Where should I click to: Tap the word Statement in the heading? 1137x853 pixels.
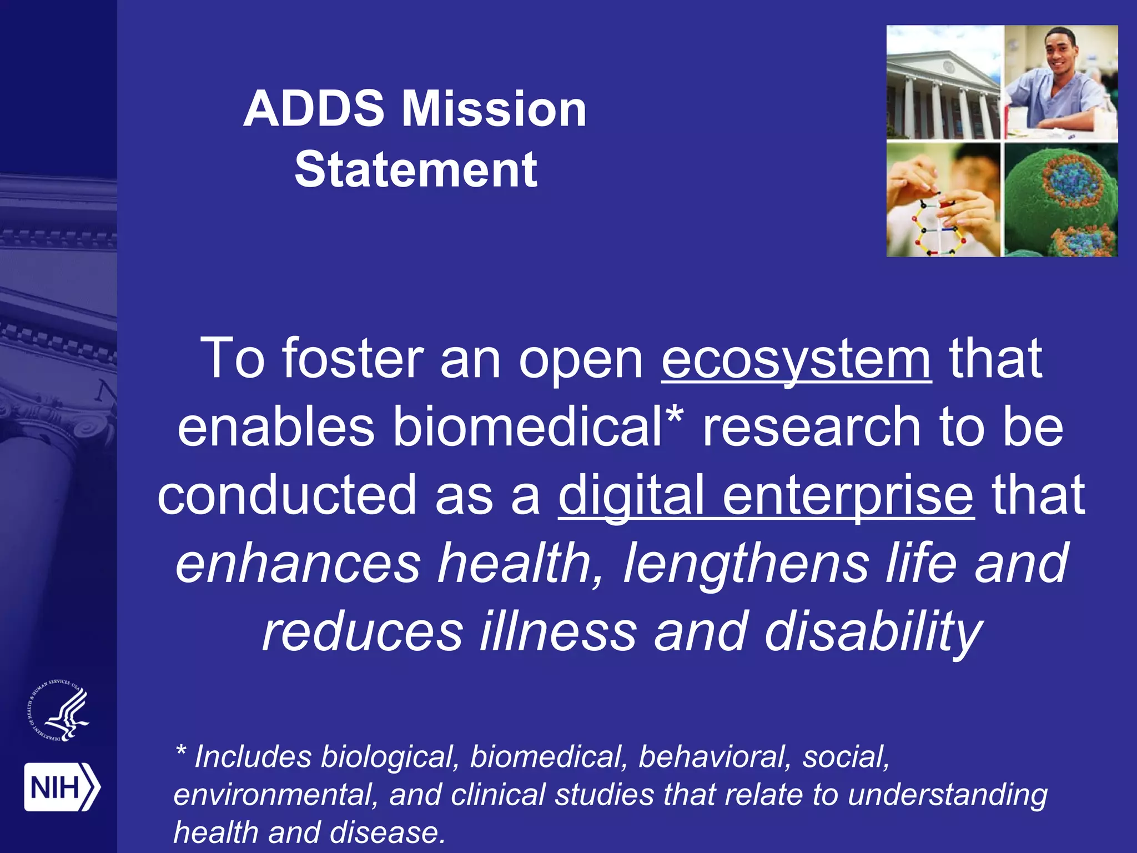(415, 169)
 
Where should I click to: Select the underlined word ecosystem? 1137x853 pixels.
(796, 359)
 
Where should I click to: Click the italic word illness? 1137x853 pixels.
(558, 632)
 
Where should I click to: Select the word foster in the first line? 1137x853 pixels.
(353, 359)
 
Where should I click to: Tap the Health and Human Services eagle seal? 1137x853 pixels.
(59, 711)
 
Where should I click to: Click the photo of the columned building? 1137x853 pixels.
(943, 83)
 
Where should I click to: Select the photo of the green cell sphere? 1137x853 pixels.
(1061, 200)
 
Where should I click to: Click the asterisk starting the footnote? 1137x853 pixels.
(180, 752)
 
